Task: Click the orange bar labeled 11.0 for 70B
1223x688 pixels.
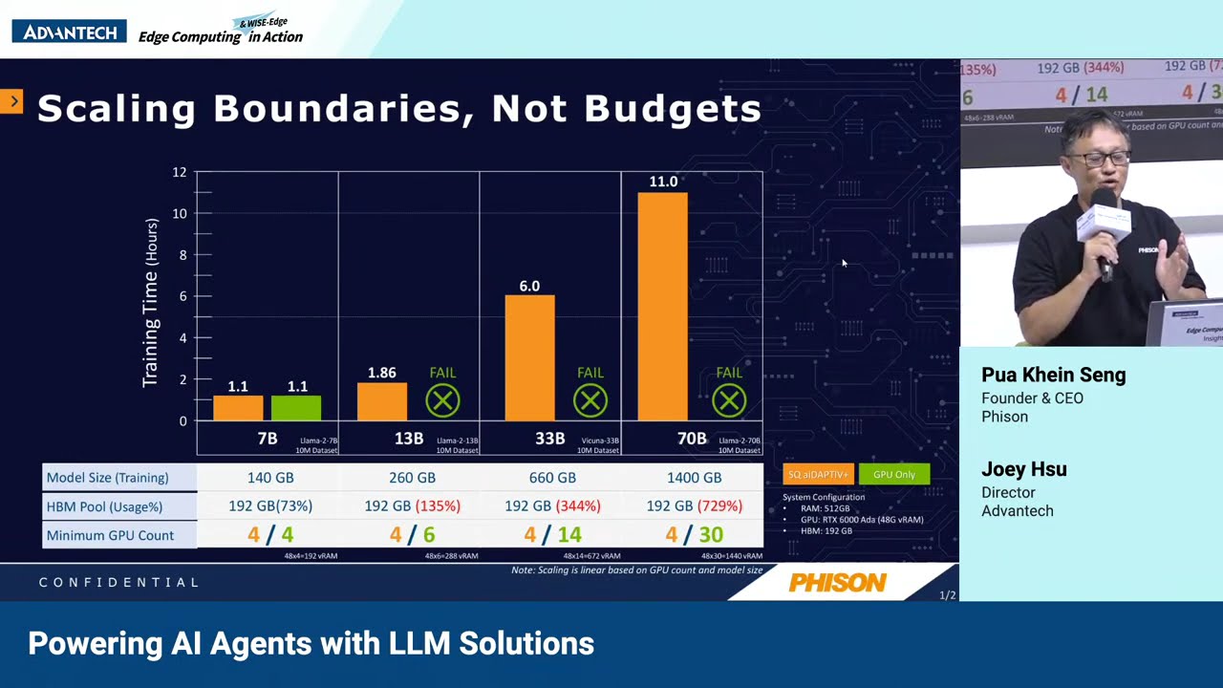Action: click(662, 306)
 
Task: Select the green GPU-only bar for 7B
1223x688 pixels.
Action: click(296, 408)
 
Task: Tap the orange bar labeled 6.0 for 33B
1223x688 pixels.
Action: click(529, 358)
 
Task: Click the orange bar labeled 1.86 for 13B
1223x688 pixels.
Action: click(382, 401)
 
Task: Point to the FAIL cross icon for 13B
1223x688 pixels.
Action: click(442, 400)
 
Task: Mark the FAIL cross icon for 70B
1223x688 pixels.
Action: click(729, 400)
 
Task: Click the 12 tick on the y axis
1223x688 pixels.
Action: click(180, 173)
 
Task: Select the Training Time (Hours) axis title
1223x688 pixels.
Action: click(151, 302)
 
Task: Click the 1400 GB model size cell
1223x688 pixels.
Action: click(694, 478)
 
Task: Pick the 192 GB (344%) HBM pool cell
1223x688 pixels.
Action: click(552, 505)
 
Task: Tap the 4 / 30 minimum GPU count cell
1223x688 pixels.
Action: click(695, 535)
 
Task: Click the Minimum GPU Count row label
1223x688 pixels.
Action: click(110, 535)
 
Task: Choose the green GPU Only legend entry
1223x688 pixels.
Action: click(893, 475)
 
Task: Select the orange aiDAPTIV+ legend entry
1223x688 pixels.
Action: click(818, 475)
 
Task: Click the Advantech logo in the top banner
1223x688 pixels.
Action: click(69, 32)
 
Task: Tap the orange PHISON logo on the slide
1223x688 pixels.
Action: click(838, 583)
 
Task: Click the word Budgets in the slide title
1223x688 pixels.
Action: click(674, 109)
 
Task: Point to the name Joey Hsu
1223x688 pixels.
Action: click(1023, 469)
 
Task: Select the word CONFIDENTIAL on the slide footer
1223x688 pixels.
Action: click(119, 582)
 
